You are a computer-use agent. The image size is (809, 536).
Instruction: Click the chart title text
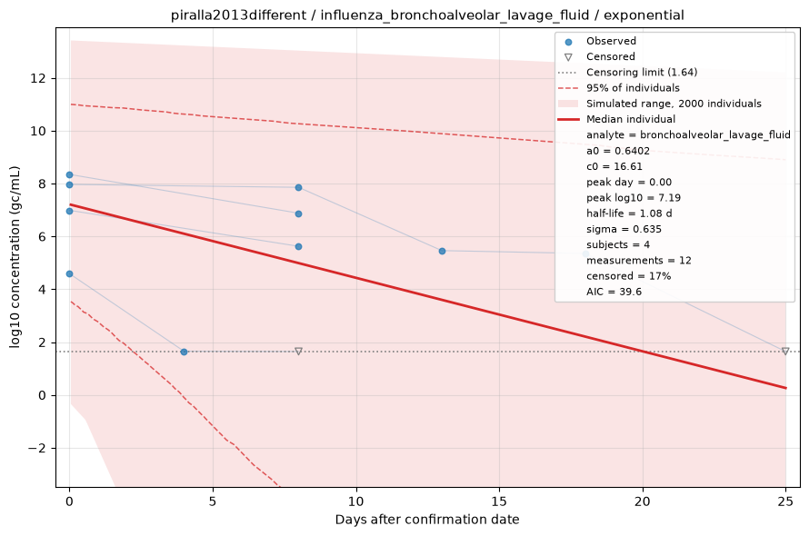click(x=427, y=15)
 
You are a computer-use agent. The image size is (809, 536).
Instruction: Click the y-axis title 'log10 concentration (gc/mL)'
click(x=15, y=257)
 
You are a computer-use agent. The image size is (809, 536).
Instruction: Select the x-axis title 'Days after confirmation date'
click(x=427, y=520)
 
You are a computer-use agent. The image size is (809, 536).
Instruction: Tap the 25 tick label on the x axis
click(x=785, y=501)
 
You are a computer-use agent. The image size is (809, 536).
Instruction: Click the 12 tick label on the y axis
click(x=38, y=78)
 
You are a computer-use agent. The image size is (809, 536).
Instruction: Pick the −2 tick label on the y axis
click(x=36, y=448)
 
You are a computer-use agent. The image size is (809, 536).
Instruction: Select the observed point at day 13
click(x=442, y=252)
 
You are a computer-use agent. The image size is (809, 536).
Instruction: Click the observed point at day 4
click(x=185, y=352)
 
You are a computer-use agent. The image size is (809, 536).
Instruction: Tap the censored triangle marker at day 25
click(x=785, y=352)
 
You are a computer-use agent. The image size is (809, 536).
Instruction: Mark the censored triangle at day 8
click(x=298, y=352)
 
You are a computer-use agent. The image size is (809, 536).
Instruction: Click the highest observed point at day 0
click(x=70, y=175)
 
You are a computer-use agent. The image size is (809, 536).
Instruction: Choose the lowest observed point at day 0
click(x=70, y=274)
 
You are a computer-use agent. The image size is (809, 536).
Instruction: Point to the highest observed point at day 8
click(x=298, y=188)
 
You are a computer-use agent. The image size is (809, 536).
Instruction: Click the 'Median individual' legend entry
click(x=617, y=119)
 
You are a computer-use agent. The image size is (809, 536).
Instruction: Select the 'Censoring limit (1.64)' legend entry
click(x=628, y=72)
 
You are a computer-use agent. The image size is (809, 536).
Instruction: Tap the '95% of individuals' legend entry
click(x=619, y=88)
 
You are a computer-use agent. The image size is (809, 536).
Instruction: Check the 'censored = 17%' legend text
click(x=628, y=276)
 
